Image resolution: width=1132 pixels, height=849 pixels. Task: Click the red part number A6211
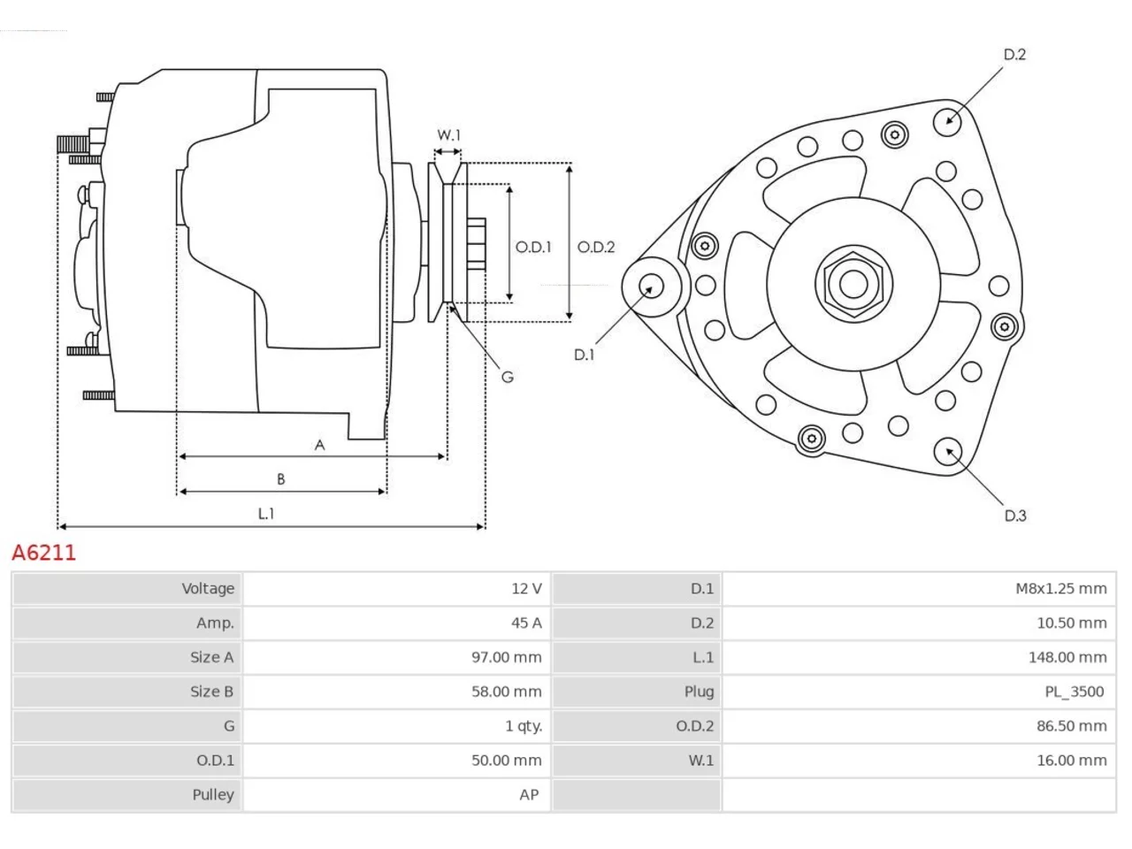[44, 553]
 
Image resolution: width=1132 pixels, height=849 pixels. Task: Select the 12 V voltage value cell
[526, 588]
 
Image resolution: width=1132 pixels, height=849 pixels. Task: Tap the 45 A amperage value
[526, 623]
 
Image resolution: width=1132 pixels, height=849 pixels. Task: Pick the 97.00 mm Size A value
[507, 657]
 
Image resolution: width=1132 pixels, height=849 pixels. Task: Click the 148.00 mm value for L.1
[1067, 657]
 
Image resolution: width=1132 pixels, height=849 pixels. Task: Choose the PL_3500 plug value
[1075, 692]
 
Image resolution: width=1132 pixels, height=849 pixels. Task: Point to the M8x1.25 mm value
[1061, 588]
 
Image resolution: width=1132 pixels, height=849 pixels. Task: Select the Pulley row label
[213, 795]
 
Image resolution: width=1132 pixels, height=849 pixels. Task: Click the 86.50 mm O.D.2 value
[1072, 726]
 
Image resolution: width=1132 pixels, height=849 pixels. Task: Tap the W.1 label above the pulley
[448, 135]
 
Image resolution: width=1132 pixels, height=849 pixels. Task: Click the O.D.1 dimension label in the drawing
[533, 247]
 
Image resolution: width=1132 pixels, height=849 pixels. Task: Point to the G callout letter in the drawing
[508, 378]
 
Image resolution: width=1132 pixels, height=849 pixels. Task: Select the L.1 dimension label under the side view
[266, 514]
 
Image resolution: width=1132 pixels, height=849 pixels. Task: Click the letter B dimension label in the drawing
[281, 478]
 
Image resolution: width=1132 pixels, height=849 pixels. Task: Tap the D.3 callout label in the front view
[1015, 516]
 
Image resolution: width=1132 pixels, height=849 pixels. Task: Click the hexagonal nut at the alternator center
[853, 285]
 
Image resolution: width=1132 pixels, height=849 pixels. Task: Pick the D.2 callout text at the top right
[1014, 54]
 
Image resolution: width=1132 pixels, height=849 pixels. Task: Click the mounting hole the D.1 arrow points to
[652, 287]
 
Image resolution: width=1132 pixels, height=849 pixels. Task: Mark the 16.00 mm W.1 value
[1072, 761]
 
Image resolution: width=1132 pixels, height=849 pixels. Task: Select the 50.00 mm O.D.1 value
[507, 761]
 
